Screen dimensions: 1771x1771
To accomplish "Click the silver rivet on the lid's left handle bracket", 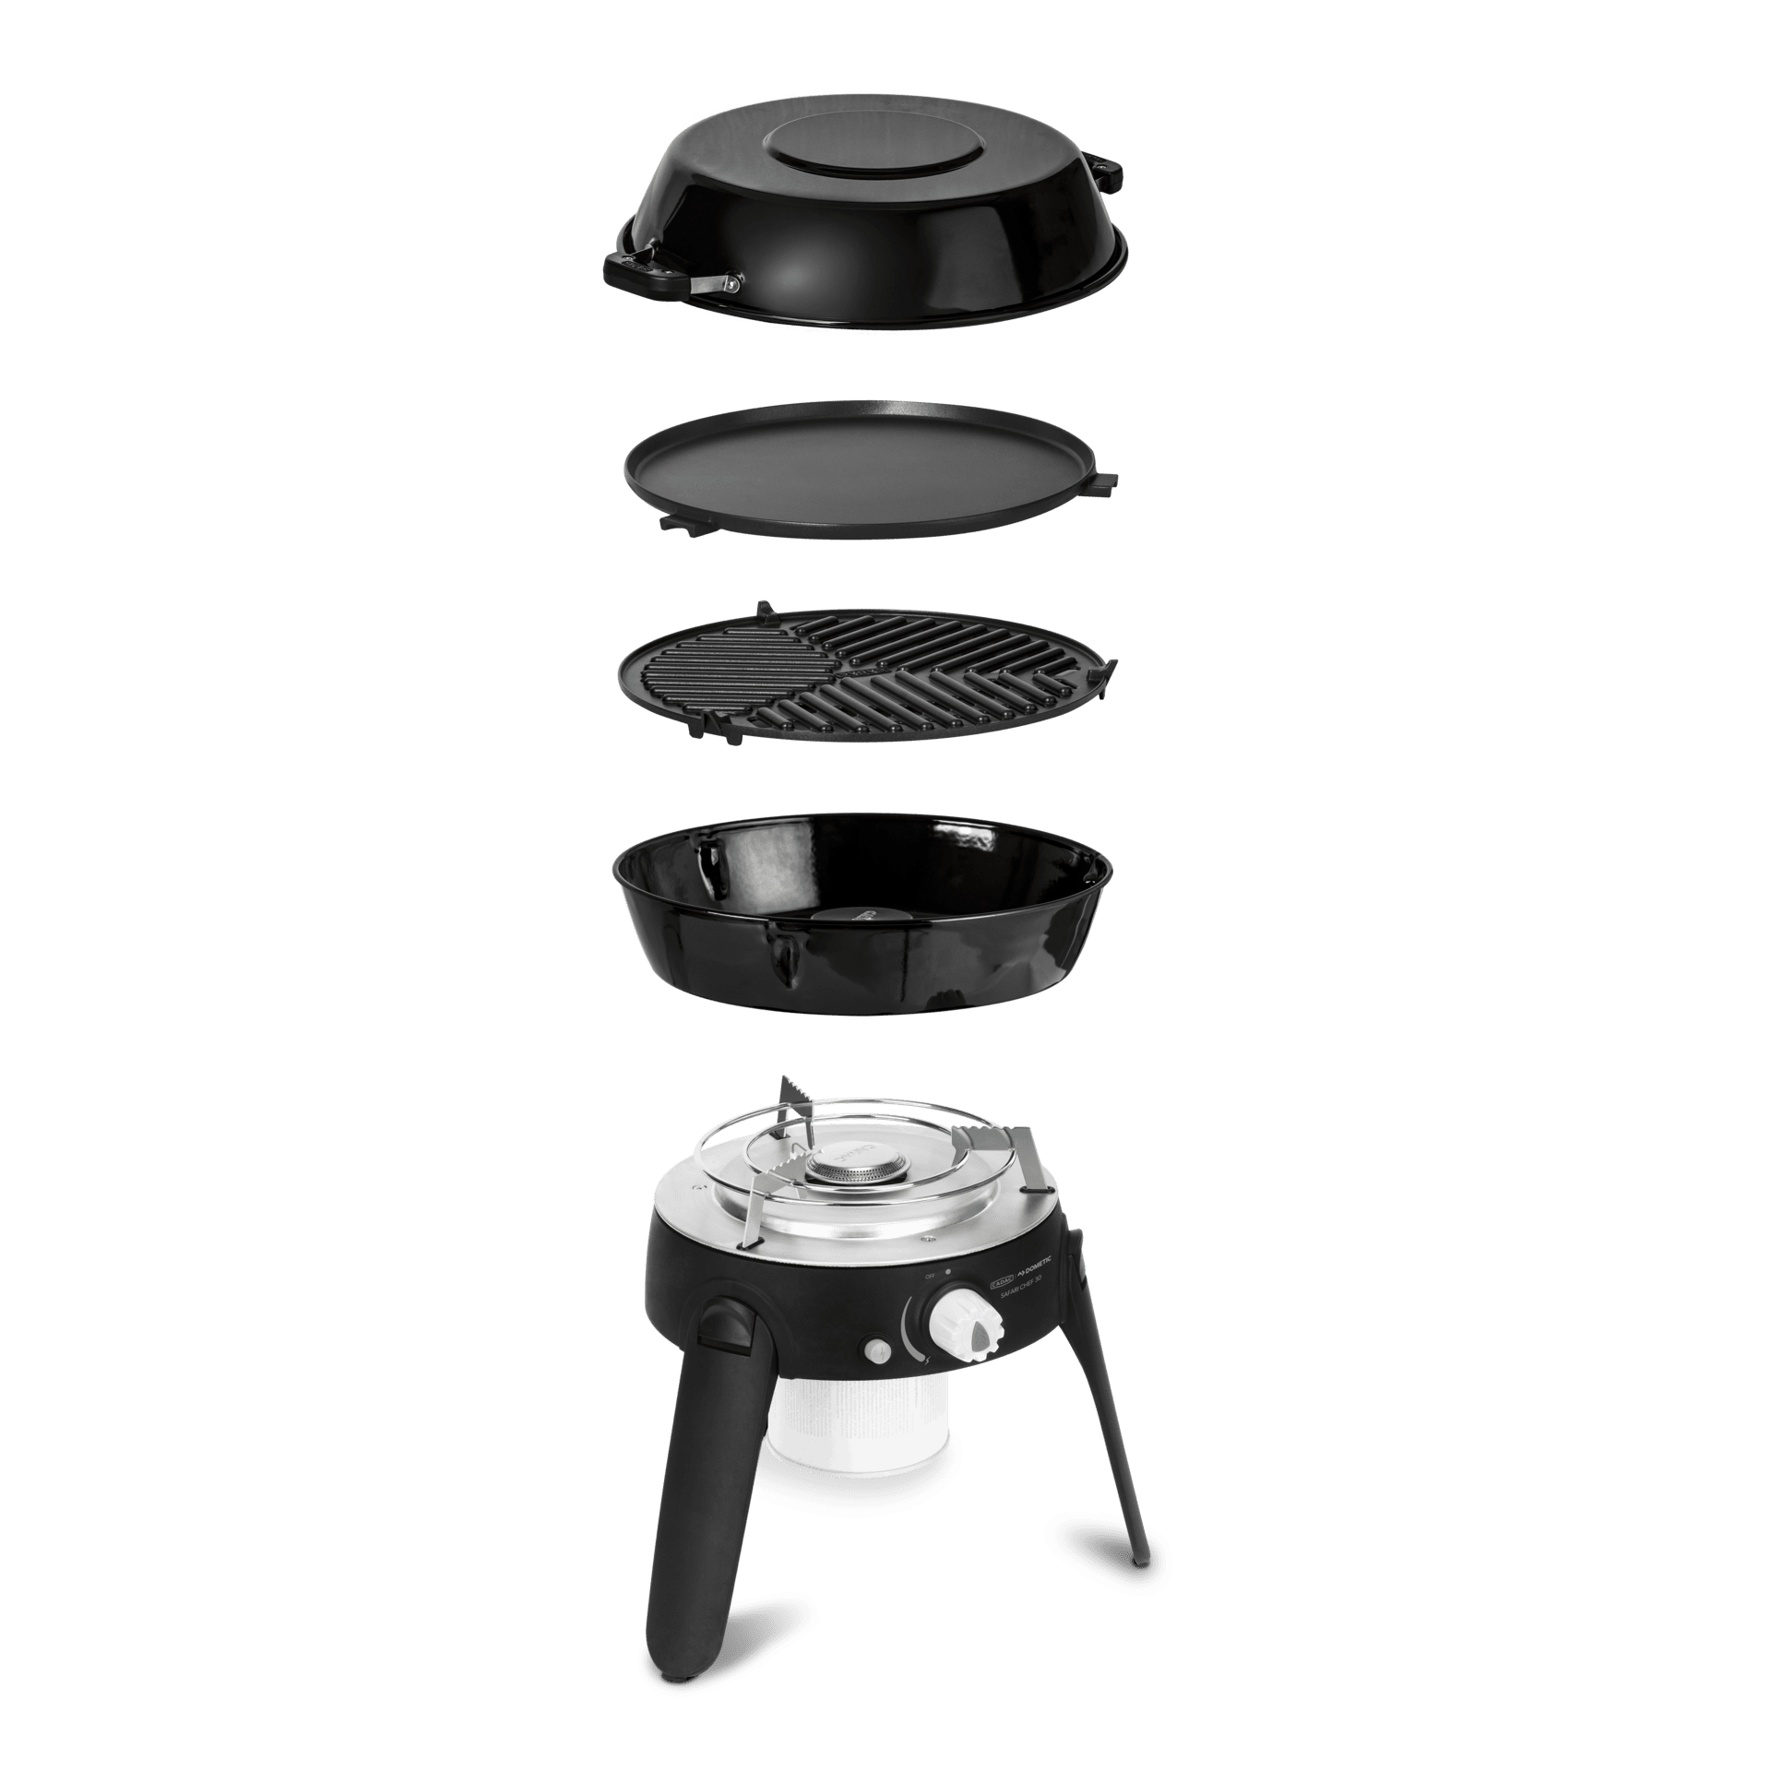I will [x=730, y=282].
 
